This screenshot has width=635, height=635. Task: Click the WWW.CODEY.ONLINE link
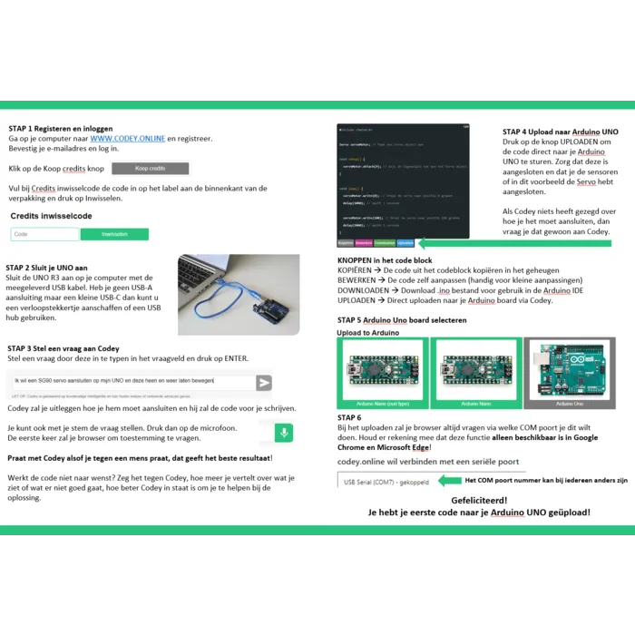tap(127, 139)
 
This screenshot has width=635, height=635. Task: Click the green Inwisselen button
tap(114, 234)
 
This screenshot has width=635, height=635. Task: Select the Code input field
tap(44, 234)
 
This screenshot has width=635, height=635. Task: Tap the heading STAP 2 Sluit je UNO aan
tap(46, 268)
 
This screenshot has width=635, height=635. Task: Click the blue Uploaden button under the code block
tap(405, 243)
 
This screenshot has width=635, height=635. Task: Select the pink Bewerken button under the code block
tap(363, 243)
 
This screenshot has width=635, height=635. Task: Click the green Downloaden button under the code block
tap(385, 243)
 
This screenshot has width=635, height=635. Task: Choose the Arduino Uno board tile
tap(569, 371)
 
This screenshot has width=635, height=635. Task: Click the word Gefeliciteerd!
tap(479, 500)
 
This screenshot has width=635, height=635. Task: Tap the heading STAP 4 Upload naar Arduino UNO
tap(560, 132)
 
